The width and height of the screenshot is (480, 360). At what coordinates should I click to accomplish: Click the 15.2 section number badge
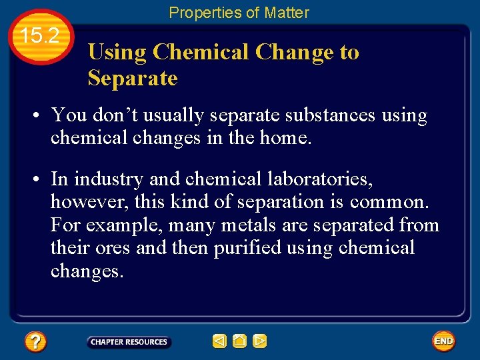click(41, 37)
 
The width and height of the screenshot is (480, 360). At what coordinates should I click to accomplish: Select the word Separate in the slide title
click(132, 78)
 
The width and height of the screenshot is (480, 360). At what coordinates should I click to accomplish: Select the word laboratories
click(313, 179)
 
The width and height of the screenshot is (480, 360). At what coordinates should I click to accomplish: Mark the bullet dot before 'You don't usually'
click(39, 117)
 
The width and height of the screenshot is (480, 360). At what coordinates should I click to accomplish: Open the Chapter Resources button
click(129, 342)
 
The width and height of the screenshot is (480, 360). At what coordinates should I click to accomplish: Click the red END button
click(443, 341)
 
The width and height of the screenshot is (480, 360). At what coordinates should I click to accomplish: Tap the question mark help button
click(35, 342)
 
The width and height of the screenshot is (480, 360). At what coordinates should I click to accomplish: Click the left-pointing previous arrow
click(219, 341)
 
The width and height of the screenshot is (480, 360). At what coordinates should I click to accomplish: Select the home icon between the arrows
click(239, 341)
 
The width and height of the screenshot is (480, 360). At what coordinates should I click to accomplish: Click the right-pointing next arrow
click(260, 341)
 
